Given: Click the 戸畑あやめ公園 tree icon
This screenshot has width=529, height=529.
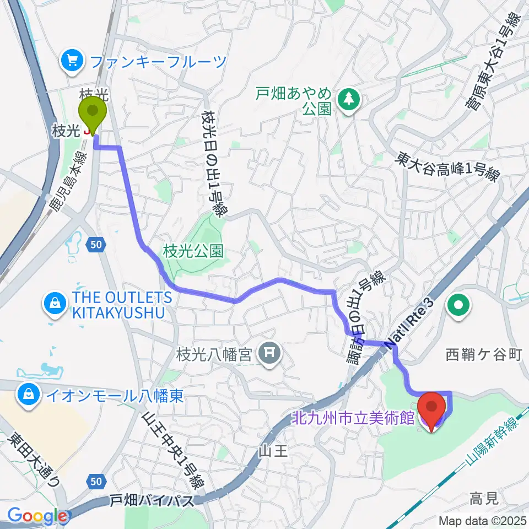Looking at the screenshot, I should pos(348,99).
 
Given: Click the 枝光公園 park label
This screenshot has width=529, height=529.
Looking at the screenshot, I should pos(193,252).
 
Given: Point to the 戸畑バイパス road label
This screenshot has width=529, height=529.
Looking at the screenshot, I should pos(152,501).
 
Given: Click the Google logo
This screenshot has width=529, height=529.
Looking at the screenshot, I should pos(37,516).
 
